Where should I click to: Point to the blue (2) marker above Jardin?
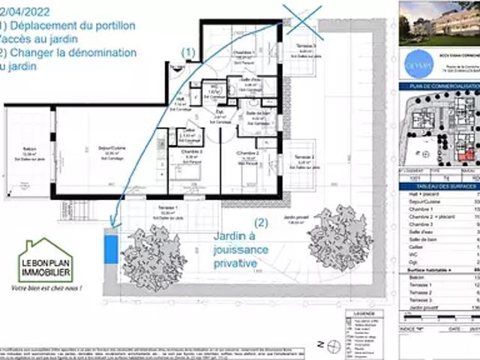260,222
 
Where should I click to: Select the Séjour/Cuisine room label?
110,148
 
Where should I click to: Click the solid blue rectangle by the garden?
111,247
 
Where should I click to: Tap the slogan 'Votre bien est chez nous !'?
46,288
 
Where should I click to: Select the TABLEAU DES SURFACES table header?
439,184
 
